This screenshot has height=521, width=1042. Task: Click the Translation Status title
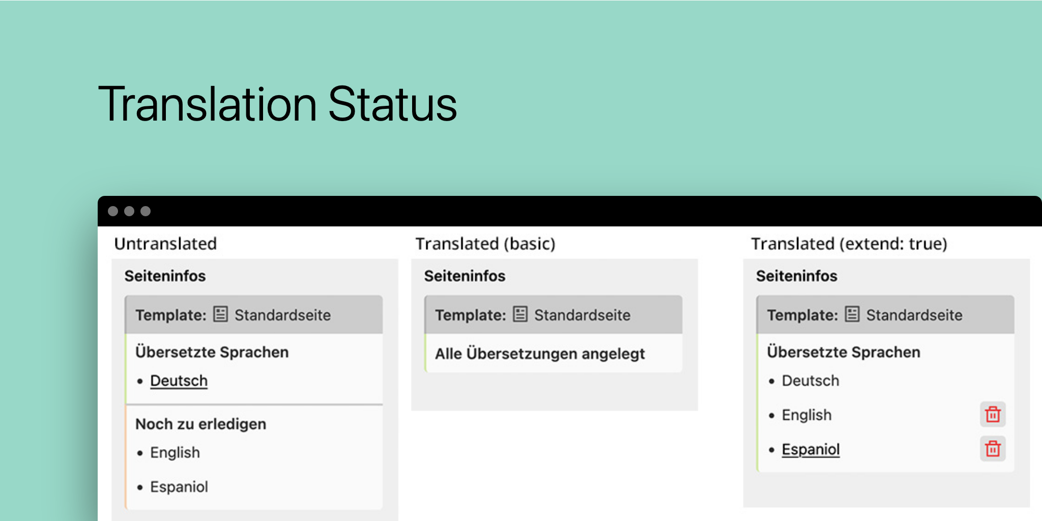(x=277, y=104)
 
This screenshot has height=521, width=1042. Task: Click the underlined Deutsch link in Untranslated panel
(x=179, y=381)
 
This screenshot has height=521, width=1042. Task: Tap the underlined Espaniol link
(x=811, y=449)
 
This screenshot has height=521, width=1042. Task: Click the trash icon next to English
(x=993, y=415)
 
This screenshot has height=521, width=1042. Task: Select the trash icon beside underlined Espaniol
(x=993, y=449)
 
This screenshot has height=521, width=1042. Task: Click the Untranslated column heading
(x=165, y=244)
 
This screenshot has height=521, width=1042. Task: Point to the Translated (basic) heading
(x=485, y=244)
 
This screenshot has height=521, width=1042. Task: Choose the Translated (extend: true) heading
(x=849, y=244)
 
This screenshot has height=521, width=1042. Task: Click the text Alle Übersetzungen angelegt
(x=539, y=354)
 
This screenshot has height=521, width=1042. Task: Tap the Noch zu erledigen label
(x=200, y=424)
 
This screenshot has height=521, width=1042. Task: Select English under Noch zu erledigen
(x=175, y=452)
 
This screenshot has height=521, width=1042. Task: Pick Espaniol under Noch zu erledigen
(x=179, y=487)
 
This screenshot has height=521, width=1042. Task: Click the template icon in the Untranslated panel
(x=220, y=314)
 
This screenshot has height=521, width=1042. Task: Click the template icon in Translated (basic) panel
(x=520, y=314)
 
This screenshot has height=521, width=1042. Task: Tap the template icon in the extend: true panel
(x=852, y=314)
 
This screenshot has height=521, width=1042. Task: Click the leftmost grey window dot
(x=113, y=211)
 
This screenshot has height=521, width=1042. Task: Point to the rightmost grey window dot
(x=146, y=211)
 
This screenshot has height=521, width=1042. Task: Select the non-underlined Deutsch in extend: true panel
(x=810, y=381)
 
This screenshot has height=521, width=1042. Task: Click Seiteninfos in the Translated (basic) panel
(x=465, y=276)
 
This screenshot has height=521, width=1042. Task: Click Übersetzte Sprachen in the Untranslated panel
(x=212, y=352)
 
